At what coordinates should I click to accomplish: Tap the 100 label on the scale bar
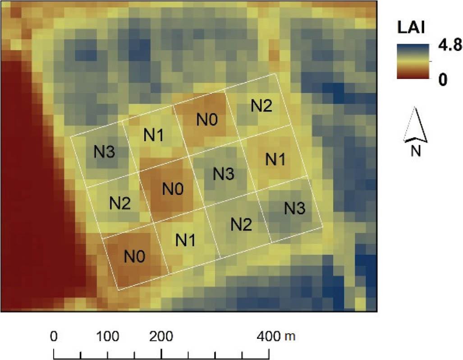[x=107, y=337]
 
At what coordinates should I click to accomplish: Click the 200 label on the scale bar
[x=161, y=337]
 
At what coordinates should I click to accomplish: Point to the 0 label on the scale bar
[x=54, y=337]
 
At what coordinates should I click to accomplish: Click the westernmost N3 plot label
[x=104, y=152]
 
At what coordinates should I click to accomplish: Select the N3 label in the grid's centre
[x=224, y=173]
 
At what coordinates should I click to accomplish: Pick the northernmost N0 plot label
[x=207, y=120]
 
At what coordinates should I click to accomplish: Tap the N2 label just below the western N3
[x=120, y=203]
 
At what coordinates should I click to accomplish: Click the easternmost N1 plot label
[x=275, y=159]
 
